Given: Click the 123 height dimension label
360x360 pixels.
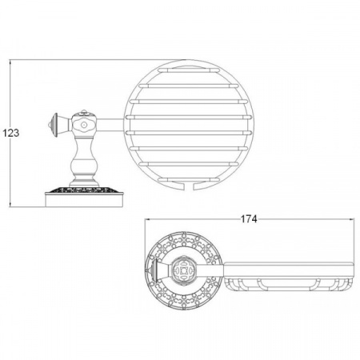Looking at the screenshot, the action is click(11, 133).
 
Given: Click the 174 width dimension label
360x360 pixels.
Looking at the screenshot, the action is click(249, 219).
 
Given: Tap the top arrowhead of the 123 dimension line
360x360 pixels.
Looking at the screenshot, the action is click(10, 62).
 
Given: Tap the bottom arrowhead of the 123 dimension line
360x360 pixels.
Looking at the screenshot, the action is click(10, 204).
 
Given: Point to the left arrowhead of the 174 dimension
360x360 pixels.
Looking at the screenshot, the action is click(147, 219).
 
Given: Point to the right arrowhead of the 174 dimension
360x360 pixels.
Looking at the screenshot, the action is click(351, 219).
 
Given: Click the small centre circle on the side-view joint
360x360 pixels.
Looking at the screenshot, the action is click(84, 125).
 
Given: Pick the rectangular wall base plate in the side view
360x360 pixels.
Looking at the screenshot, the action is click(84, 201).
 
